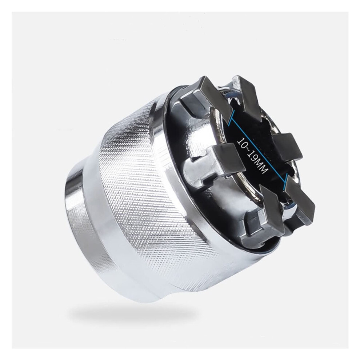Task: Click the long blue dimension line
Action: [x=259, y=150]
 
